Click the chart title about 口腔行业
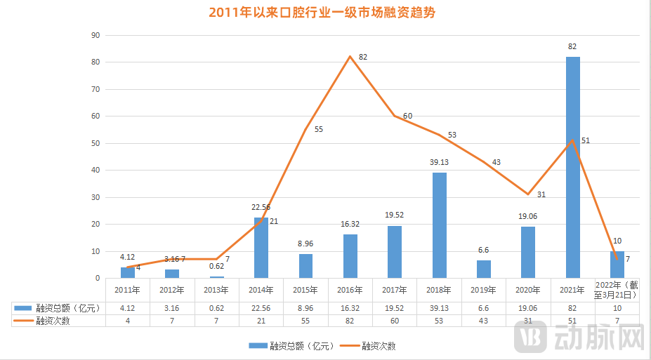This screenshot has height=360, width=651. click(x=326, y=13)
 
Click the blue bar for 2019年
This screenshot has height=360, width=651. click(x=484, y=269)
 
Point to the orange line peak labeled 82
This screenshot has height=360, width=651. click(x=350, y=56)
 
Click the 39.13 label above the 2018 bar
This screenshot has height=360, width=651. click(x=439, y=162)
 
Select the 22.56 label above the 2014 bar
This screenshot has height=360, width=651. click(x=261, y=207)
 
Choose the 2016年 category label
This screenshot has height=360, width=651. click(x=350, y=290)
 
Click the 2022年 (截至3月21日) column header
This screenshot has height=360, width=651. click(x=617, y=290)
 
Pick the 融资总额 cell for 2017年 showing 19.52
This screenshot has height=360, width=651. click(x=395, y=307)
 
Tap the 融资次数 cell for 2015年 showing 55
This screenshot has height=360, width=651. click(x=305, y=320)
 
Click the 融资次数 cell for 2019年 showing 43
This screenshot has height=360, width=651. click(x=484, y=320)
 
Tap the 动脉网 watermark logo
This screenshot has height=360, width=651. click(x=579, y=338)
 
